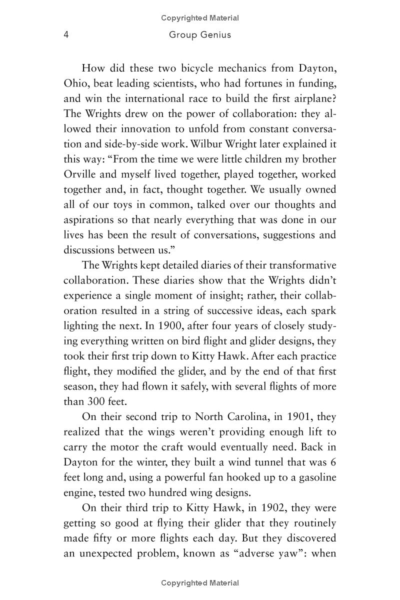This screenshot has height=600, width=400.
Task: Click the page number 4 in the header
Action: point(65,35)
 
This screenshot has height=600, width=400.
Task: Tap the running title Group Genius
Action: point(200,35)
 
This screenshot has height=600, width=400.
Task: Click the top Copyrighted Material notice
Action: point(200,18)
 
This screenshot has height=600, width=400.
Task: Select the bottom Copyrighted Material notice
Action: point(200,583)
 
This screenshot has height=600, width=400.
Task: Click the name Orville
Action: point(82,174)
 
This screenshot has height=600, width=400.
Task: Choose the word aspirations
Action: point(90,220)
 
